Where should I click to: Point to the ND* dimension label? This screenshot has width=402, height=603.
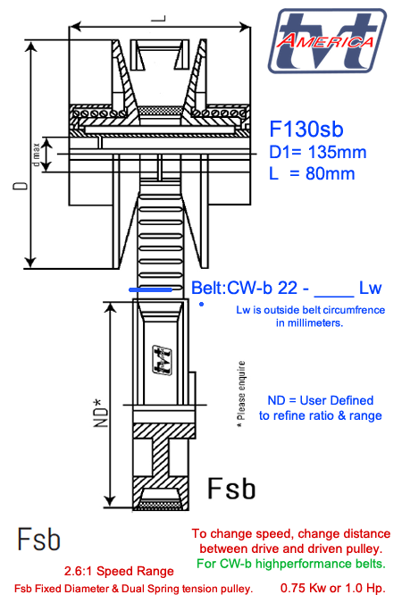pos(101,411)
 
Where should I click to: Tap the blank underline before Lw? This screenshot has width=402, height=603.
pos(334,292)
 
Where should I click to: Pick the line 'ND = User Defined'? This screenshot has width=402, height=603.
pos(321,400)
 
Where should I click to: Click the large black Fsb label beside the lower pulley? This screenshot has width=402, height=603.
pos(231,488)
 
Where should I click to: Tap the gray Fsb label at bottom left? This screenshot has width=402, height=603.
pos(39,540)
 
